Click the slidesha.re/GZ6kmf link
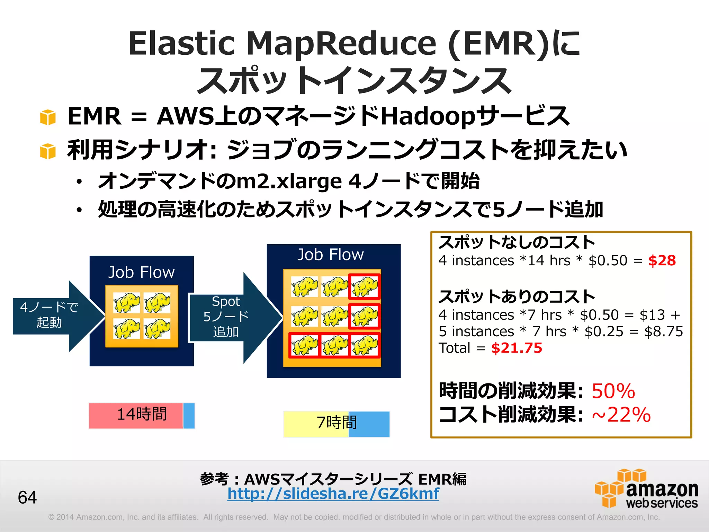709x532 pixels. click(333, 494)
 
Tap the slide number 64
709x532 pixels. click(27, 497)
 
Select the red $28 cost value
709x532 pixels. click(662, 260)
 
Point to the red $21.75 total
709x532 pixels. click(517, 348)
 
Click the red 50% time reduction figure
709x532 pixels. click(613, 391)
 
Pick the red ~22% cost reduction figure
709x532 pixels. click(621, 415)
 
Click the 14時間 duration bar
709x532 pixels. click(141, 415)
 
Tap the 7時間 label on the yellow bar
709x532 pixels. click(336, 423)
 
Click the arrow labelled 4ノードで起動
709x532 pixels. click(52, 315)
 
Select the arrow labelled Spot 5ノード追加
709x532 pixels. click(230, 317)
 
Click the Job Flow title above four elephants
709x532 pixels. click(141, 273)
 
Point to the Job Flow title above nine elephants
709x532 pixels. click(331, 255)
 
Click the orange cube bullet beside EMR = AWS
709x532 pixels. click(48, 117)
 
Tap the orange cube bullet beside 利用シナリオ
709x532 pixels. click(48, 151)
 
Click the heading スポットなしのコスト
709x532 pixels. click(517, 242)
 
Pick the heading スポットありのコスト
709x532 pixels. click(517, 297)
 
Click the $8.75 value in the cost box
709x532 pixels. click(663, 331)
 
